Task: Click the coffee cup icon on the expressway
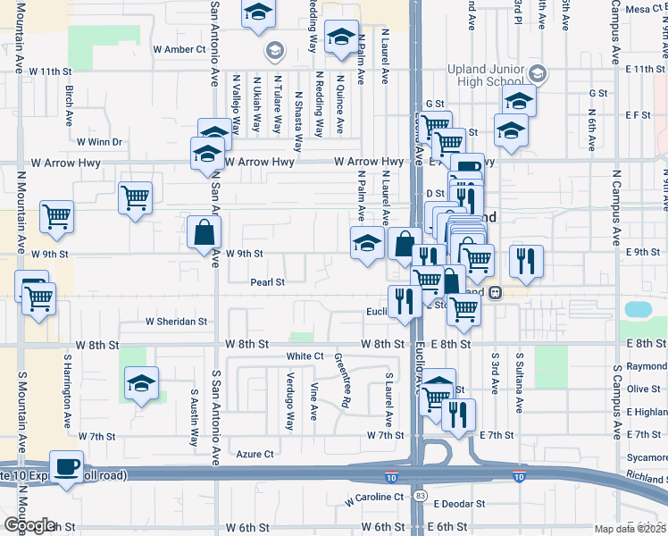click(x=66, y=466)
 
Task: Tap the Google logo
click(x=29, y=525)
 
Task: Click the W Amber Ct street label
click(x=180, y=49)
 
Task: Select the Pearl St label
click(x=267, y=282)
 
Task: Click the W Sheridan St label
click(x=177, y=321)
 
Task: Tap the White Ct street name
click(x=305, y=356)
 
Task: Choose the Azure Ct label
click(x=255, y=454)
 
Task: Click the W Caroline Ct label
click(x=374, y=496)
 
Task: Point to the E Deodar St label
click(x=459, y=504)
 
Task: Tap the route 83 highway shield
click(x=420, y=494)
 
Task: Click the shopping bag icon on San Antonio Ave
click(x=205, y=233)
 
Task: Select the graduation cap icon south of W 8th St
click(x=141, y=384)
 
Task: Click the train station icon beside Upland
click(x=494, y=292)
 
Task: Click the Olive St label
click(x=643, y=389)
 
